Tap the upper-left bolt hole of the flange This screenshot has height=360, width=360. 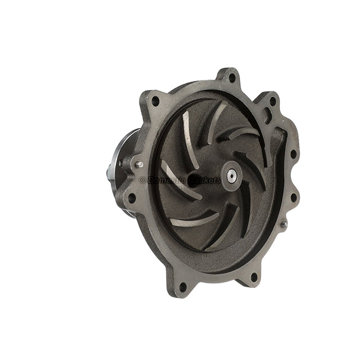click(x=155, y=101)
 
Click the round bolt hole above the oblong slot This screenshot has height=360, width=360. click(x=273, y=102)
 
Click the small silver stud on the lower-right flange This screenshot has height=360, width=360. click(x=284, y=224)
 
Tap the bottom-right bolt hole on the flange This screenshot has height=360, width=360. click(x=254, y=276)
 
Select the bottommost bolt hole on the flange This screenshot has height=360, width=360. click(x=183, y=286)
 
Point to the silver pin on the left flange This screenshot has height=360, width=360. click(x=138, y=165)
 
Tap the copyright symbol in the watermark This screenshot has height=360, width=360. click(x=142, y=180)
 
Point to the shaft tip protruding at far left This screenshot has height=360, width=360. click(x=108, y=174)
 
